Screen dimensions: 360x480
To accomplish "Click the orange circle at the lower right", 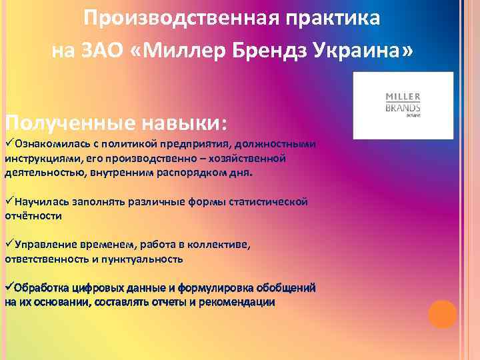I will click(x=442, y=314).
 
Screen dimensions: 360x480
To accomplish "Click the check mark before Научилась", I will click(x=9, y=201).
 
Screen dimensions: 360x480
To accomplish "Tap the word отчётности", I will click(x=33, y=215).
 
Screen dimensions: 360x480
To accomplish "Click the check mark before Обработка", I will click(x=9, y=287).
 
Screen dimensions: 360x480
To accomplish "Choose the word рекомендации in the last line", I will click(x=238, y=301).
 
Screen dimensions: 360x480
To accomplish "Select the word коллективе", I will click(x=217, y=244).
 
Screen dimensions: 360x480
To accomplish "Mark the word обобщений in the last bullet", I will click(x=287, y=287).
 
